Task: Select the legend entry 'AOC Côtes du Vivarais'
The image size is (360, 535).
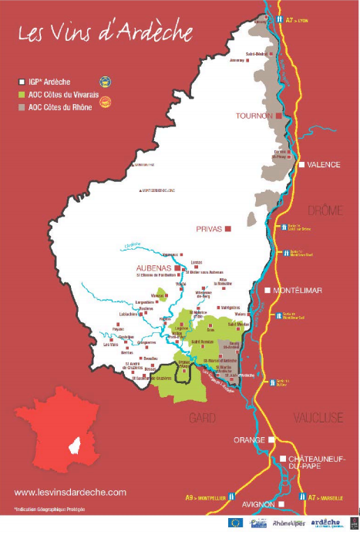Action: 62,93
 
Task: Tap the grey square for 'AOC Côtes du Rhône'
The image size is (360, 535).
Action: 22,106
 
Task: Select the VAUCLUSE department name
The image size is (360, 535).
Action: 317,417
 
